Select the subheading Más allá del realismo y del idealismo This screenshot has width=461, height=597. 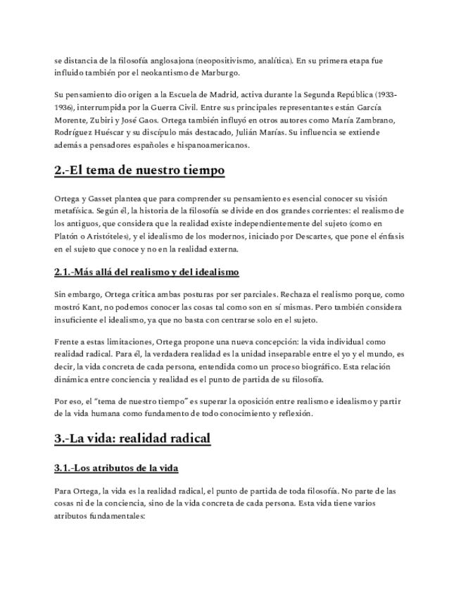point(146,272)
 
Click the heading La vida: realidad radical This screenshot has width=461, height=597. point(132,439)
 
